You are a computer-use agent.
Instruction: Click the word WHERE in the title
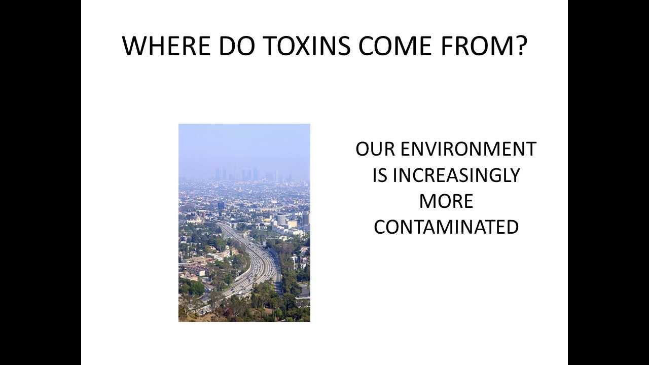click(166, 46)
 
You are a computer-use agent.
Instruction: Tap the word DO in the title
click(237, 46)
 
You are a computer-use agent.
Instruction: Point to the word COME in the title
click(395, 46)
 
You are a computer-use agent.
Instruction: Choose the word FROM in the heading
click(478, 46)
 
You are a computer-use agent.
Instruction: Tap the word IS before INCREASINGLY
click(380, 175)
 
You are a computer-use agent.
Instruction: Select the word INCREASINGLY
click(456, 175)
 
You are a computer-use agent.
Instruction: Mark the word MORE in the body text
click(446, 201)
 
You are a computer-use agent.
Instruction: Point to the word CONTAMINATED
click(446, 227)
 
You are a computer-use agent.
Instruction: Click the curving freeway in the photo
click(255, 267)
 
